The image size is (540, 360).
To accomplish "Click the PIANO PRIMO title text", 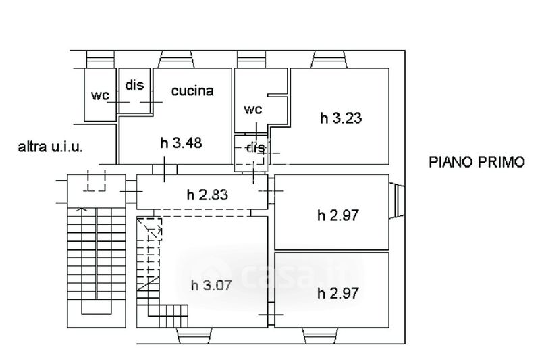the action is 477,162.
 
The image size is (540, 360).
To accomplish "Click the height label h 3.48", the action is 182,143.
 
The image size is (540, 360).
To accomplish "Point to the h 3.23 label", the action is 341,118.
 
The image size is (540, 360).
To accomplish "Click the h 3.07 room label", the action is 212,284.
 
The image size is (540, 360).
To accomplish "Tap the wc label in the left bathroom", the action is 100,95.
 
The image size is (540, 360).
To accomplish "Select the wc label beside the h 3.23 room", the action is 252,109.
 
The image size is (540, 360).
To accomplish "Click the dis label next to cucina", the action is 135,85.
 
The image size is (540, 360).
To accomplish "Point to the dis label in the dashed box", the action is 256,148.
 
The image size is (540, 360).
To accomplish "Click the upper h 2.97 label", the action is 337,215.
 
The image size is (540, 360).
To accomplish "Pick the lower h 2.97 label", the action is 337,293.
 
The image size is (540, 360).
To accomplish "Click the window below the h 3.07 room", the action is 190,336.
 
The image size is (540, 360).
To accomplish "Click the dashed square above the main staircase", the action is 97,180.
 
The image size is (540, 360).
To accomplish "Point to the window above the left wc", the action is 103,59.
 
